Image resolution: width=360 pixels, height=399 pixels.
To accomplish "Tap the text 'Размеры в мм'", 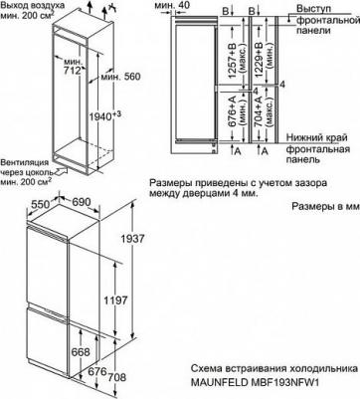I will pyautogui.click(x=326, y=208).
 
